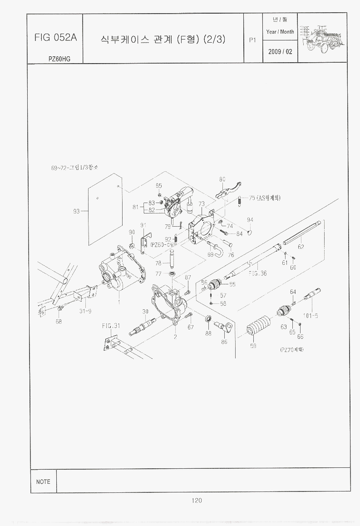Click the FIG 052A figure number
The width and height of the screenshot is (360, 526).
[x=55, y=38]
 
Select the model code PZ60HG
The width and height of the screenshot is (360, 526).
[x=59, y=59]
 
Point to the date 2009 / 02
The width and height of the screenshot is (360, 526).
[x=280, y=52]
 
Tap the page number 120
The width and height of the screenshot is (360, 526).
[x=196, y=501]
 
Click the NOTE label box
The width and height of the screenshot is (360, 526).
[x=43, y=481]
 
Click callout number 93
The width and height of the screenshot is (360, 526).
[x=76, y=211]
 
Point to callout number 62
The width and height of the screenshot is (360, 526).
[x=301, y=247]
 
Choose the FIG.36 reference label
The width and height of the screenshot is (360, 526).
[x=257, y=273]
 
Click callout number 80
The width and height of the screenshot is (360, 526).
[x=222, y=179]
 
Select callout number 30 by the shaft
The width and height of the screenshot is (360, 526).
[x=145, y=312]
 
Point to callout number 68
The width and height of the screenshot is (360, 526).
[x=59, y=322]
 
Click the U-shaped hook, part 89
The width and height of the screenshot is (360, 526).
[x=217, y=249]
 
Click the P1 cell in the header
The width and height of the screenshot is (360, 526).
[x=253, y=40]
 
